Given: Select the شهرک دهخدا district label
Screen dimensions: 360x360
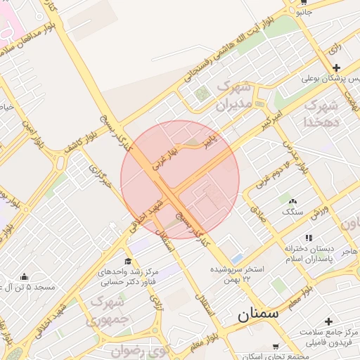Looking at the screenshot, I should click(x=321, y=113).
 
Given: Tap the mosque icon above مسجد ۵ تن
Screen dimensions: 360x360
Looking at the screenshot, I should click(x=25, y=276).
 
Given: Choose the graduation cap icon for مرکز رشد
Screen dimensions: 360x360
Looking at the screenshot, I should click(x=127, y=261).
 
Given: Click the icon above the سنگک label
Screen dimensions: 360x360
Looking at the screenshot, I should click(x=292, y=201).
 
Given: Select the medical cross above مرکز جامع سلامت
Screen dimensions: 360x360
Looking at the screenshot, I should click(x=328, y=321).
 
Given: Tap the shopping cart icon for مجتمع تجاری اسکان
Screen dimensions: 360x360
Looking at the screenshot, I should click(x=274, y=346).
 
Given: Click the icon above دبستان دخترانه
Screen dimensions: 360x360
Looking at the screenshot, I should click(x=308, y=238).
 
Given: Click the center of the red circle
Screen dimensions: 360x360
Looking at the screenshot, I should click(x=180, y=179).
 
